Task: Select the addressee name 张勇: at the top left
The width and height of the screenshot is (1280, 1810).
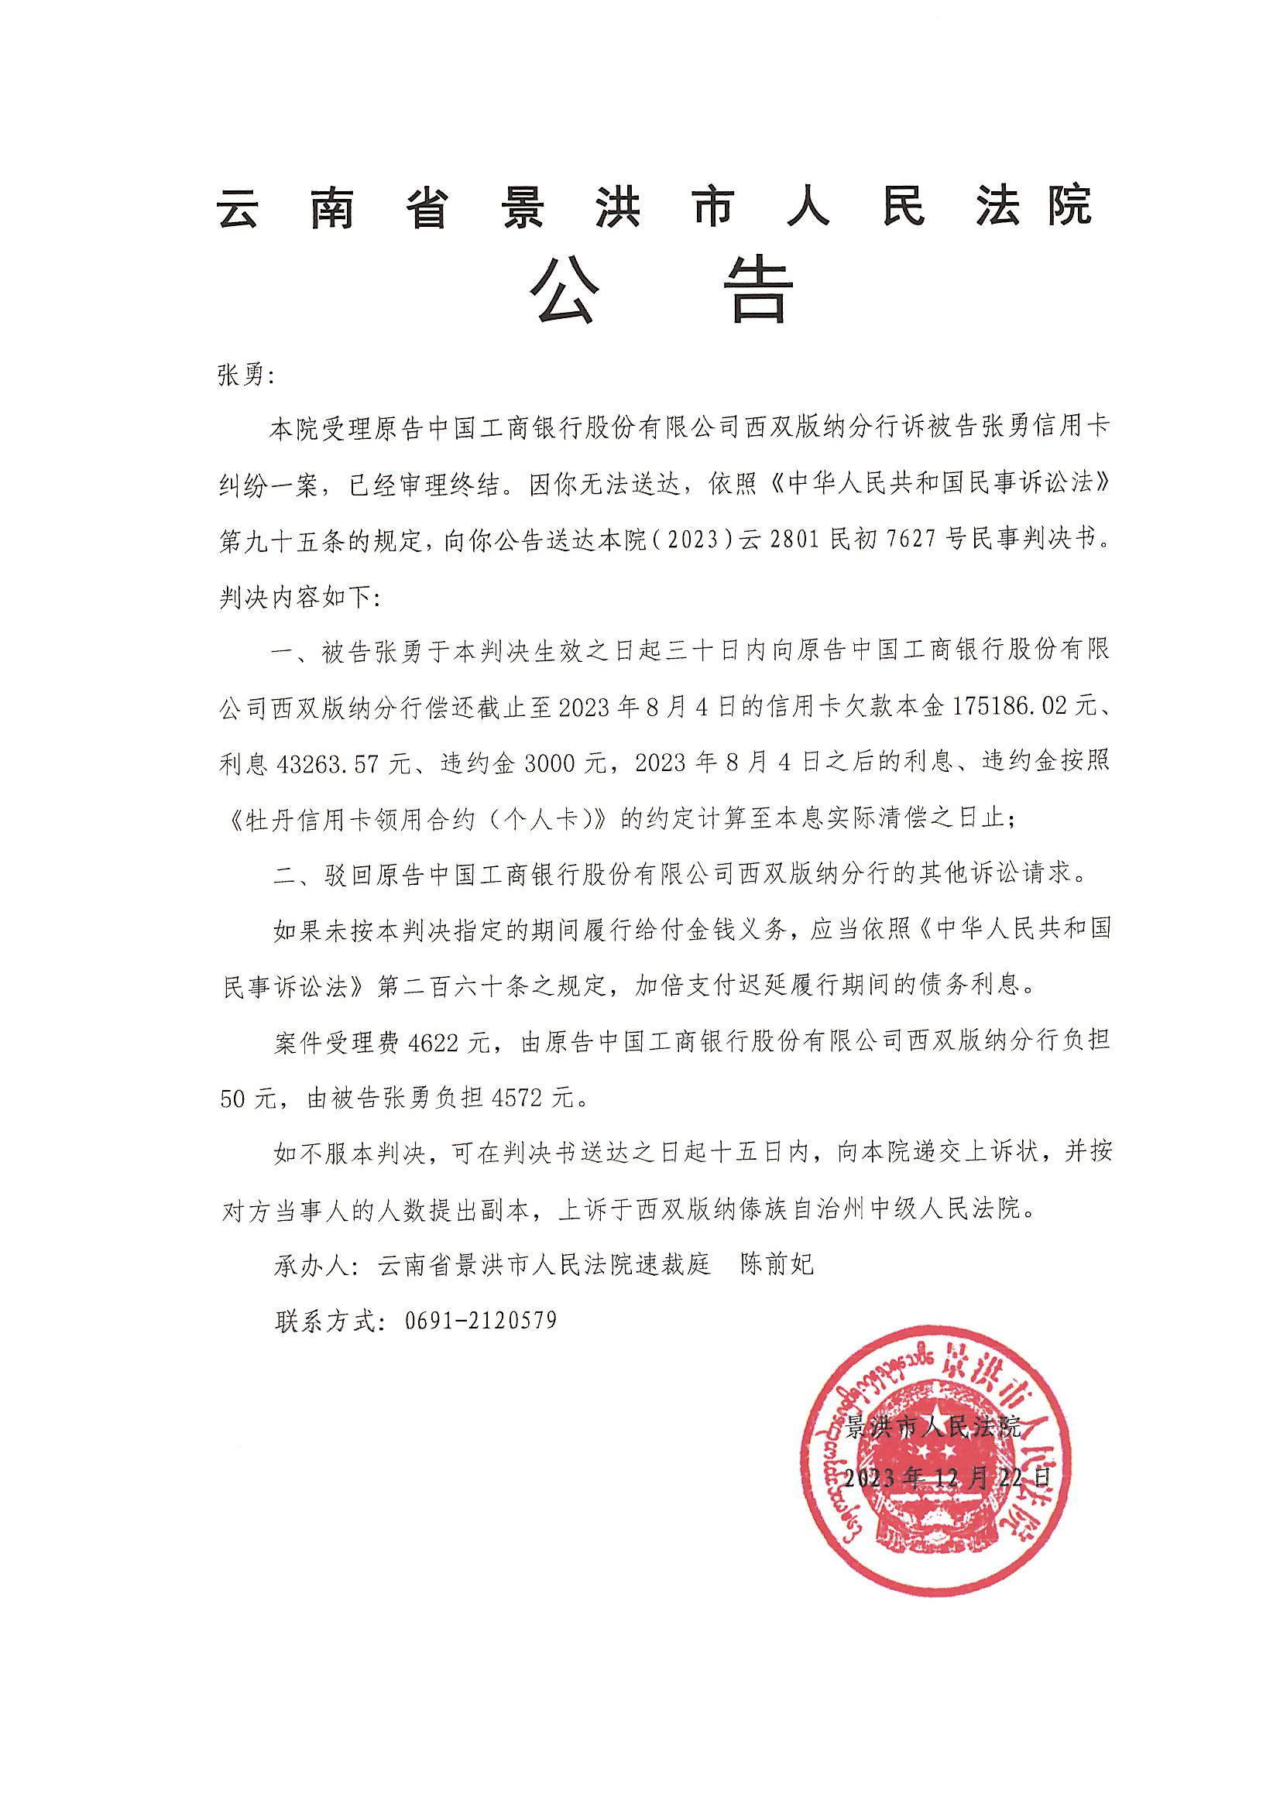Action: (x=245, y=375)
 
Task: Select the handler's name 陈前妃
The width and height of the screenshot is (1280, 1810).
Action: (x=777, y=1264)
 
